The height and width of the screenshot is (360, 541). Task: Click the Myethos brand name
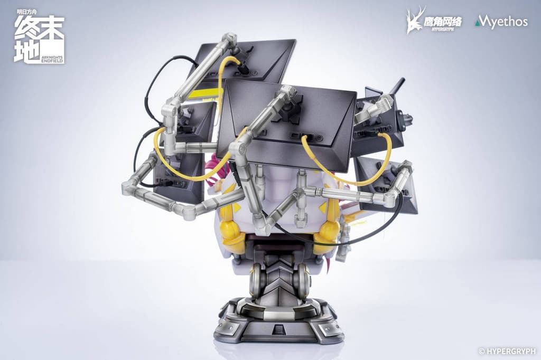501,22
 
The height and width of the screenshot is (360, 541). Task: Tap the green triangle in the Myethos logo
477,24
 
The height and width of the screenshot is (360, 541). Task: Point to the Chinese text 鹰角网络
442,22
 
